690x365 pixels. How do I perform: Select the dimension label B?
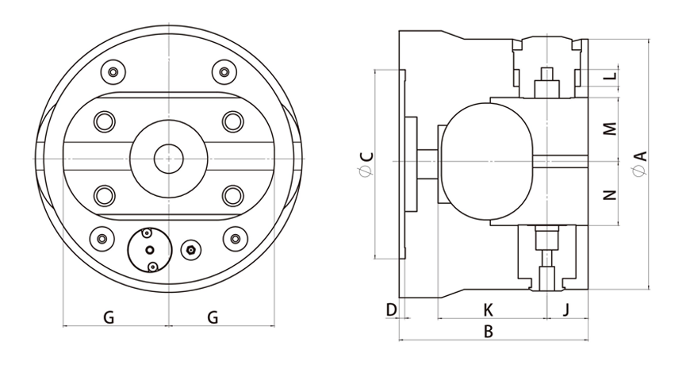(489, 332)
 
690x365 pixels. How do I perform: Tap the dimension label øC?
(366, 164)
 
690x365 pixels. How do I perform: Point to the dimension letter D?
(390, 308)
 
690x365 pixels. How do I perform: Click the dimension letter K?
(489, 308)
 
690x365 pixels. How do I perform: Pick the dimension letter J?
(565, 308)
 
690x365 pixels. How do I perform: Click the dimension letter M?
(609, 129)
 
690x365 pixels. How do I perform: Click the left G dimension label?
(109, 317)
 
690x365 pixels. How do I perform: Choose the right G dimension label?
(213, 317)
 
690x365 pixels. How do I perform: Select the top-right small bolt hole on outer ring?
(224, 73)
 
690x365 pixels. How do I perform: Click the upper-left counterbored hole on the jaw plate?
(104, 121)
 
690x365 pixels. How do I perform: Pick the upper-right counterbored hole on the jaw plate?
(232, 121)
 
